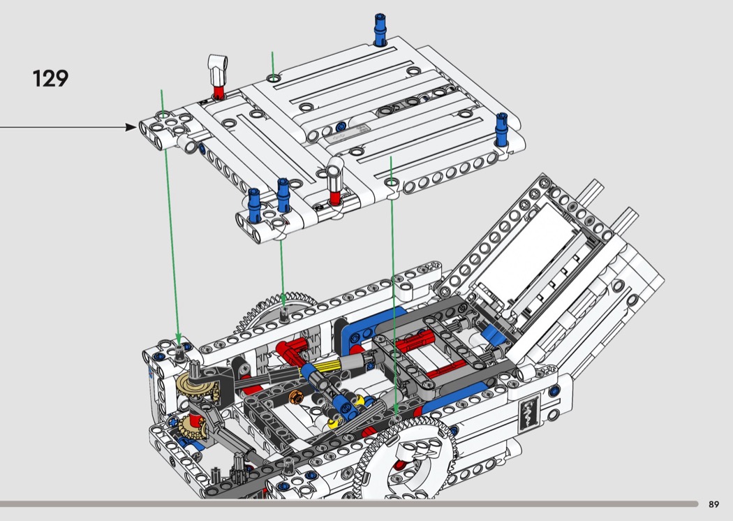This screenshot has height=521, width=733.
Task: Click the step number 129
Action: pyautogui.click(x=50, y=78)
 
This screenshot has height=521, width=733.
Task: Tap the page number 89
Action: pyautogui.click(x=713, y=504)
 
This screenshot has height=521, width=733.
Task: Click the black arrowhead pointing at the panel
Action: pyautogui.click(x=132, y=126)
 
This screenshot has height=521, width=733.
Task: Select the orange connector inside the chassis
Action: pyautogui.click(x=296, y=397)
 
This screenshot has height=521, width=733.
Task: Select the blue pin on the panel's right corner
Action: pyautogui.click(x=502, y=129)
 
